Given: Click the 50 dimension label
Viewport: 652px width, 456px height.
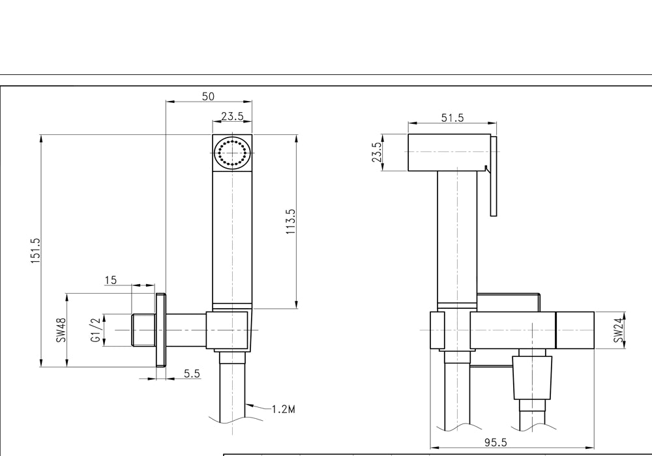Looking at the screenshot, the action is (x=208, y=96).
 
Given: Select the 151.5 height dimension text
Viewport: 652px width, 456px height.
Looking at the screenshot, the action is (x=35, y=251).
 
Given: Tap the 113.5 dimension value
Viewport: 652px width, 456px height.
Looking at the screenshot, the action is (x=290, y=221).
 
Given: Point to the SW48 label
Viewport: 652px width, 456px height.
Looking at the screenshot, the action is (x=61, y=330).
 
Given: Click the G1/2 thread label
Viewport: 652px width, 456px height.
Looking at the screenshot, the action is (x=96, y=330).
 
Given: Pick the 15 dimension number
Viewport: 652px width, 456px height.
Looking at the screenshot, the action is (x=111, y=280).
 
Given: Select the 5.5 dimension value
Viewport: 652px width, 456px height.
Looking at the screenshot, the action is (x=192, y=373).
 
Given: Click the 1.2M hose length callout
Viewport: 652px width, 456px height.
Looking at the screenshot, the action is (x=284, y=410).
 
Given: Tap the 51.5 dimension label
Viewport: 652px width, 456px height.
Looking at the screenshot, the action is (x=452, y=118).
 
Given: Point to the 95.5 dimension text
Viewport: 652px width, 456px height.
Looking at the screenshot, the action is (x=496, y=442).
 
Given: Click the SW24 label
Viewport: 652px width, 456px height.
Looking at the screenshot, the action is (x=619, y=330).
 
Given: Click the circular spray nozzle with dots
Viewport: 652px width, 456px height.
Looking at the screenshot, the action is (x=232, y=153).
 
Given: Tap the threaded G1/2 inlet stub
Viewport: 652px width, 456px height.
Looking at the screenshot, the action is (x=143, y=330).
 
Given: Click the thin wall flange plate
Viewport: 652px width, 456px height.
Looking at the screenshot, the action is (x=161, y=330).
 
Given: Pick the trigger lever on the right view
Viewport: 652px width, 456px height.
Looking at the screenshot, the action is (x=494, y=176).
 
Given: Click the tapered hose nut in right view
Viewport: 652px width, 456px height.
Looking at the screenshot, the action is (x=532, y=378).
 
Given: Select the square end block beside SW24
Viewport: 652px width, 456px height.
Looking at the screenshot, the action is (x=575, y=330).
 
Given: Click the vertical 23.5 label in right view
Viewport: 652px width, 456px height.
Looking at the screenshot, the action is (x=377, y=152).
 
